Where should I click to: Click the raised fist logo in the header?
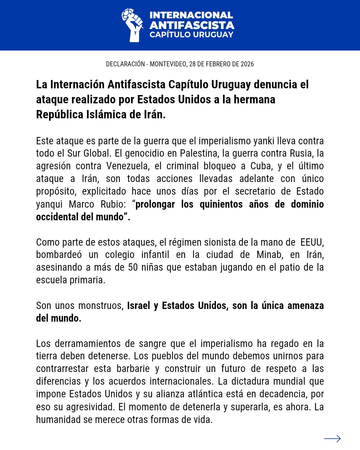point(132,25)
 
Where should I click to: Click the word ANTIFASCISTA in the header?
point(192,25)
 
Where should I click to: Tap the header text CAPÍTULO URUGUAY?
point(191,35)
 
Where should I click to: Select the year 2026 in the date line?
point(247,64)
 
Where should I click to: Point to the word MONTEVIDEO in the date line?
point(168,64)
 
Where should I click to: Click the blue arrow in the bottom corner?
point(332,439)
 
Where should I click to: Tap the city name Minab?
point(269,255)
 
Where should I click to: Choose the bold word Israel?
point(138,305)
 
